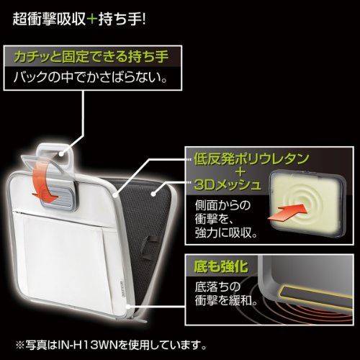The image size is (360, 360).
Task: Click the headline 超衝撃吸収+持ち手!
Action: [x=79, y=19]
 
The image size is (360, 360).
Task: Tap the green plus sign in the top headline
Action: [x=91, y=19]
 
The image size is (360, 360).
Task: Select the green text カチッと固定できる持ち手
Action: [x=91, y=57]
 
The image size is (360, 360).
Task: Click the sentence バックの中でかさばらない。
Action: [x=90, y=77]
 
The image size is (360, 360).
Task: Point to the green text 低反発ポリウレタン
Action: [x=251, y=159]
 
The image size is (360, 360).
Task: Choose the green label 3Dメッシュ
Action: [x=227, y=185]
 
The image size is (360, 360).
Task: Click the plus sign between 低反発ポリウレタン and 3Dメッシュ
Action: [x=240, y=172]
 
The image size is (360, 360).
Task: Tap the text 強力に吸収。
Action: [x=226, y=233]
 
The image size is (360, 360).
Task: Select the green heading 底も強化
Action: [x=221, y=266]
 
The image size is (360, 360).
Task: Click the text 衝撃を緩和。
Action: [x=226, y=300]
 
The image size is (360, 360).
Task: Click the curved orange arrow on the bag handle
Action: [x=45, y=182]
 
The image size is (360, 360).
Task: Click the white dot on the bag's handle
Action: [x=63, y=153]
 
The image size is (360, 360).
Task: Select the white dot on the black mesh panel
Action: [x=153, y=193]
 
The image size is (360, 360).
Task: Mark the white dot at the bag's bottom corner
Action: [x=129, y=306]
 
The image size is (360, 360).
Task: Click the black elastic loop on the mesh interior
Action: [x=146, y=247]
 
